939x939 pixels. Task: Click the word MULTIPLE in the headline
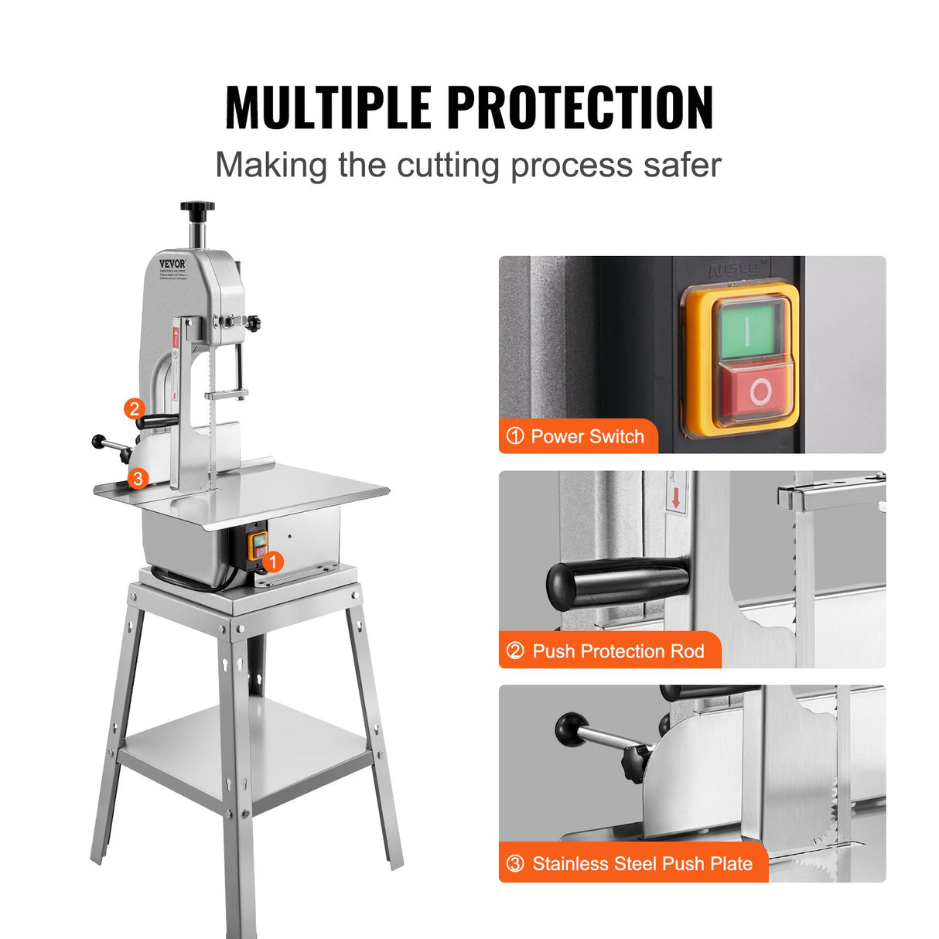tap(328, 108)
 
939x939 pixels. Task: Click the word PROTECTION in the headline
tap(580, 108)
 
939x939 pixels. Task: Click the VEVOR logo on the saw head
tap(172, 264)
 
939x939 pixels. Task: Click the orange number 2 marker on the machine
tap(135, 408)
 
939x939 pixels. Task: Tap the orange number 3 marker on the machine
tap(138, 478)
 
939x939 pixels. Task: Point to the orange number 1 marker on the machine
tap(272, 562)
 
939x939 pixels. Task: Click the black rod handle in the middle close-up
tap(616, 581)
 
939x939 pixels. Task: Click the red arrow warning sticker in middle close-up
tap(676, 495)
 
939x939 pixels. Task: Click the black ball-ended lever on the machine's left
tap(100, 442)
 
